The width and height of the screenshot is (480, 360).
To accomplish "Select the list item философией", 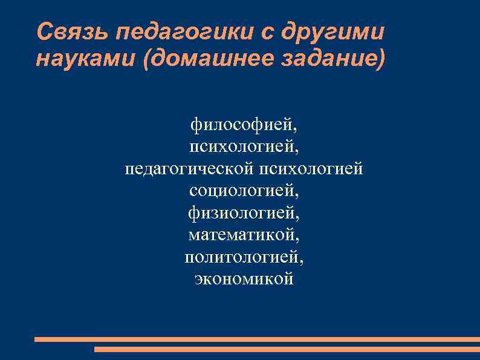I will (x=242, y=125).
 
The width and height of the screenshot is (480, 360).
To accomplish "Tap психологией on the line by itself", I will (x=242, y=147).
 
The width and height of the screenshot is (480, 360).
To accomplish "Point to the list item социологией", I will (x=242, y=191).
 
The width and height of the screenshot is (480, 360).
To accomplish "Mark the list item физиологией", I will (x=242, y=212).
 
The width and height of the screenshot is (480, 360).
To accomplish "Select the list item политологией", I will (x=242, y=257).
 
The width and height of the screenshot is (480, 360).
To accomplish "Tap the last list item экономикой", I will (x=244, y=278).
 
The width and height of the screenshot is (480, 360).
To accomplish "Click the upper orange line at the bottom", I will (x=257, y=339).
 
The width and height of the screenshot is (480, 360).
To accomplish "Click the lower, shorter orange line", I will (x=287, y=349).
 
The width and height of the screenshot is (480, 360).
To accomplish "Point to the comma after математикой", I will (x=297, y=238).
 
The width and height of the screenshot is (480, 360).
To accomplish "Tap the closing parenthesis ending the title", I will (x=380, y=60).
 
